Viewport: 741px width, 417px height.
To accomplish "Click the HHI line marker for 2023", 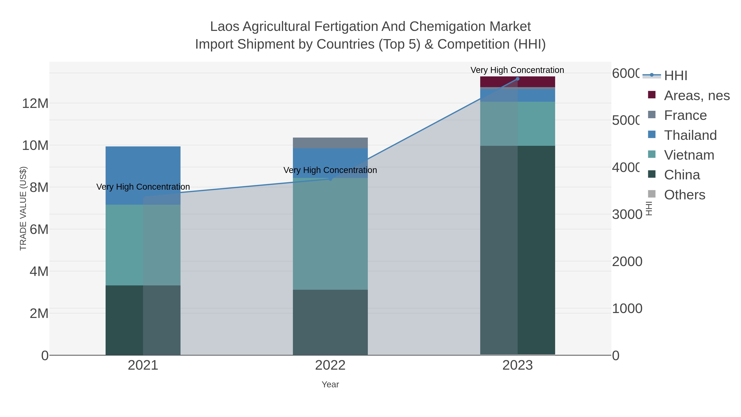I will [x=517, y=79].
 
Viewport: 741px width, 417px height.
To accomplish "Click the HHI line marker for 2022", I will [x=330, y=179].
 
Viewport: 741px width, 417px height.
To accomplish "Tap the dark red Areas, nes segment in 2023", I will [x=517, y=82].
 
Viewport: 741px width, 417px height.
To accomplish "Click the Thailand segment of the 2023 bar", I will [x=517, y=96].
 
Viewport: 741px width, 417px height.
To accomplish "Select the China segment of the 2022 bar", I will [x=330, y=322].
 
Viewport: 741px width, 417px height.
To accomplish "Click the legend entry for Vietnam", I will [x=689, y=155].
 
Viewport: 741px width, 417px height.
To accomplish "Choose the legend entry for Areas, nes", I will [x=696, y=96].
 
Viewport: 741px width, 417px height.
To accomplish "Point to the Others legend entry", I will [x=684, y=195].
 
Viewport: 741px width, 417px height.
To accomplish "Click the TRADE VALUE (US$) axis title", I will [x=23, y=208].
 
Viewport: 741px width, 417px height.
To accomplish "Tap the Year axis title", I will [x=330, y=384].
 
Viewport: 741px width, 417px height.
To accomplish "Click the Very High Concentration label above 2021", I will [x=143, y=187].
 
